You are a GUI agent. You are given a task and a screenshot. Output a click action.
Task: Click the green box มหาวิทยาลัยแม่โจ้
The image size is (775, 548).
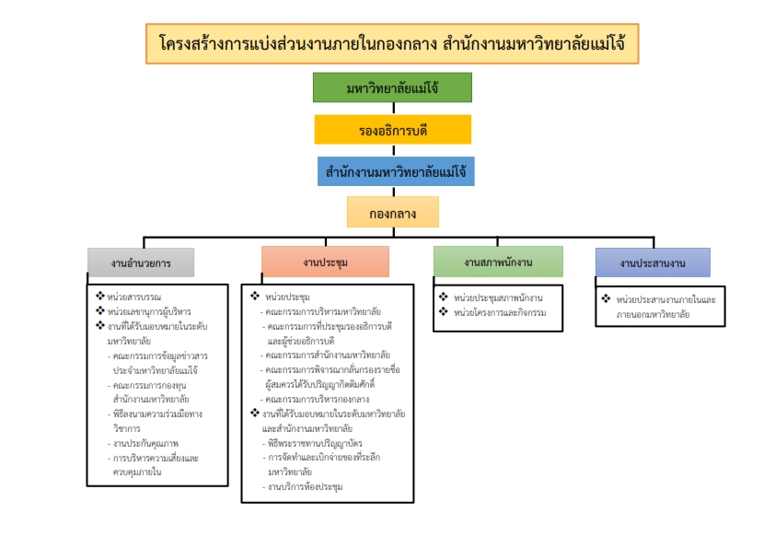point(392,87)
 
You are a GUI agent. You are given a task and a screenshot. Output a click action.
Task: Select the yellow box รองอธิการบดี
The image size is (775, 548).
point(392,130)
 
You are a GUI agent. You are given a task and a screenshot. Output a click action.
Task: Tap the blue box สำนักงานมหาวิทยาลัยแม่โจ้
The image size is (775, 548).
point(392,171)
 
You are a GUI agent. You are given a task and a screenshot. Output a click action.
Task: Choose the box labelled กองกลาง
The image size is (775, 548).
point(392,213)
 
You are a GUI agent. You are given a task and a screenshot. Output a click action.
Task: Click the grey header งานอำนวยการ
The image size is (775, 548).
point(141,262)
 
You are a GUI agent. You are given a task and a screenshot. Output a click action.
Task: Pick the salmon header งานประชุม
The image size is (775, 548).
point(325,262)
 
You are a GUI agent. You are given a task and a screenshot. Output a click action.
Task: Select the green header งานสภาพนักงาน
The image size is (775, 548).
point(498,262)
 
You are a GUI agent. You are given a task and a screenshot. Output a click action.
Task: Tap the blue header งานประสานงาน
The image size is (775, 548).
point(653,262)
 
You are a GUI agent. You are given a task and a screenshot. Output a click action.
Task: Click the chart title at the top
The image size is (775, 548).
point(392,44)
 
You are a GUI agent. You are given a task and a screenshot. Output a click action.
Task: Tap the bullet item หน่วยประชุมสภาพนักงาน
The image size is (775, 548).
point(497,297)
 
